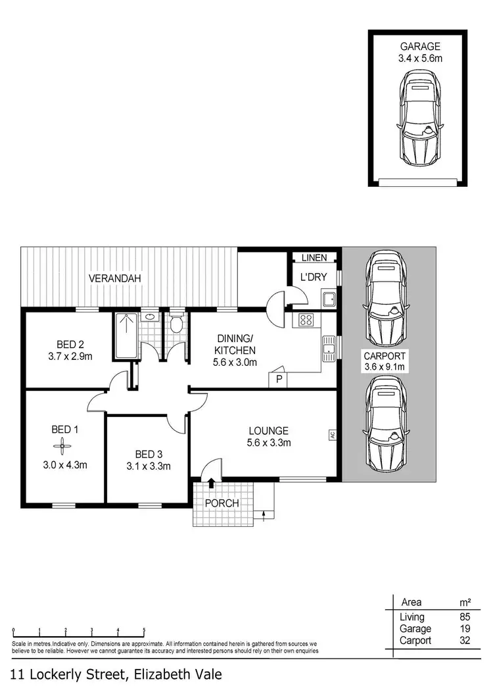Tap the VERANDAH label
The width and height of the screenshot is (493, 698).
(x=116, y=278)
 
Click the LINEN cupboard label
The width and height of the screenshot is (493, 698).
(x=314, y=258)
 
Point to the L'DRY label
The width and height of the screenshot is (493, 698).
(x=314, y=277)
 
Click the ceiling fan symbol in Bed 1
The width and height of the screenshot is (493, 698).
(x=64, y=448)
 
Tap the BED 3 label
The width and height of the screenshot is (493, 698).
(x=148, y=454)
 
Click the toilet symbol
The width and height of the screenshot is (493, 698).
(x=176, y=324)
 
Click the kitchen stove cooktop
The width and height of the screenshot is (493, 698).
(x=306, y=320)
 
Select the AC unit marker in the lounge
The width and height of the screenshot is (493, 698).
(x=332, y=435)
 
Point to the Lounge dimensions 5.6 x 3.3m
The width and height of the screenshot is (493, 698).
(x=268, y=443)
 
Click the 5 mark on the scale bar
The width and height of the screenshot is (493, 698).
(x=144, y=629)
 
